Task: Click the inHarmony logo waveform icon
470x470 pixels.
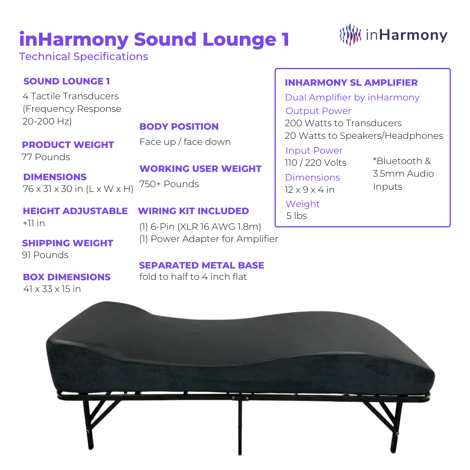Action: pyautogui.click(x=350, y=35)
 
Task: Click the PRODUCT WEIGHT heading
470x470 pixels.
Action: pyautogui.click(x=68, y=145)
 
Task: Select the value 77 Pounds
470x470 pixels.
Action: pyautogui.click(x=46, y=157)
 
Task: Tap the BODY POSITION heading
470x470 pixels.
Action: pyautogui.click(x=179, y=127)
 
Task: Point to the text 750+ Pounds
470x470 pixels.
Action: pyautogui.click(x=169, y=184)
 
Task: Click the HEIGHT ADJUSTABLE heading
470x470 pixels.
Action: pyautogui.click(x=75, y=211)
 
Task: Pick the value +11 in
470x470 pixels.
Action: pyautogui.click(x=34, y=223)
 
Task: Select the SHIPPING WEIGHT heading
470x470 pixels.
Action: pyautogui.click(x=67, y=243)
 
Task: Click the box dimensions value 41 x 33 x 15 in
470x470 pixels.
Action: pyautogui.click(x=52, y=289)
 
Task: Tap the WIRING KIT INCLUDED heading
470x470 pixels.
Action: pyautogui.click(x=193, y=211)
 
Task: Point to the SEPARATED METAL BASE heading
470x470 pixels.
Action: pyautogui.click(x=201, y=265)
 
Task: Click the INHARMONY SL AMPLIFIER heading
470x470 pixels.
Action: pyautogui.click(x=351, y=83)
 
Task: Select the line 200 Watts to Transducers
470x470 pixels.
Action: pyautogui.click(x=343, y=123)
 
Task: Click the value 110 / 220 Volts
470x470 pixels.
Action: pyautogui.click(x=316, y=163)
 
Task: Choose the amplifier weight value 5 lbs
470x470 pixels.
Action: pyautogui.click(x=296, y=216)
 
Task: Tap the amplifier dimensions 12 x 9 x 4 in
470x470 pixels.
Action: pyautogui.click(x=309, y=190)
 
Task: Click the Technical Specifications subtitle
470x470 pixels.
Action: pyautogui.click(x=84, y=57)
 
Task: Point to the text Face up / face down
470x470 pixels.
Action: pyautogui.click(x=185, y=142)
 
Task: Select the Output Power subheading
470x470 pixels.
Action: pyautogui.click(x=318, y=111)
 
